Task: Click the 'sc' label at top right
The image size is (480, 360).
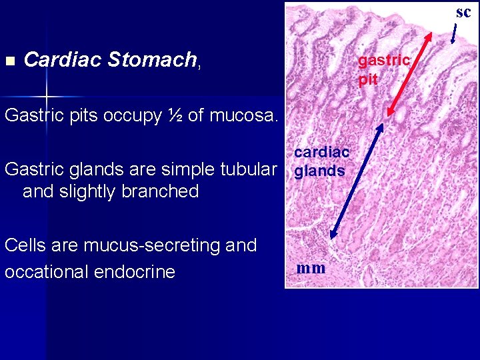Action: (x=463, y=12)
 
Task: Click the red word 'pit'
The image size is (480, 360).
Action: (x=368, y=80)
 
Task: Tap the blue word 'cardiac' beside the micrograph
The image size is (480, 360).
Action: (x=321, y=153)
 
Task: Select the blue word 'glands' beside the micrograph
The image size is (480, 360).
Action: (x=319, y=171)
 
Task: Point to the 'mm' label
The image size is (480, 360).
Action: (x=311, y=268)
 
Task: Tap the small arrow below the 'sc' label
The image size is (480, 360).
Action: (x=455, y=33)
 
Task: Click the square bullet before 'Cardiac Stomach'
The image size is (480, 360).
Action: (x=9, y=61)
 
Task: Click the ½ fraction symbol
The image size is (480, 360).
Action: (x=177, y=115)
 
